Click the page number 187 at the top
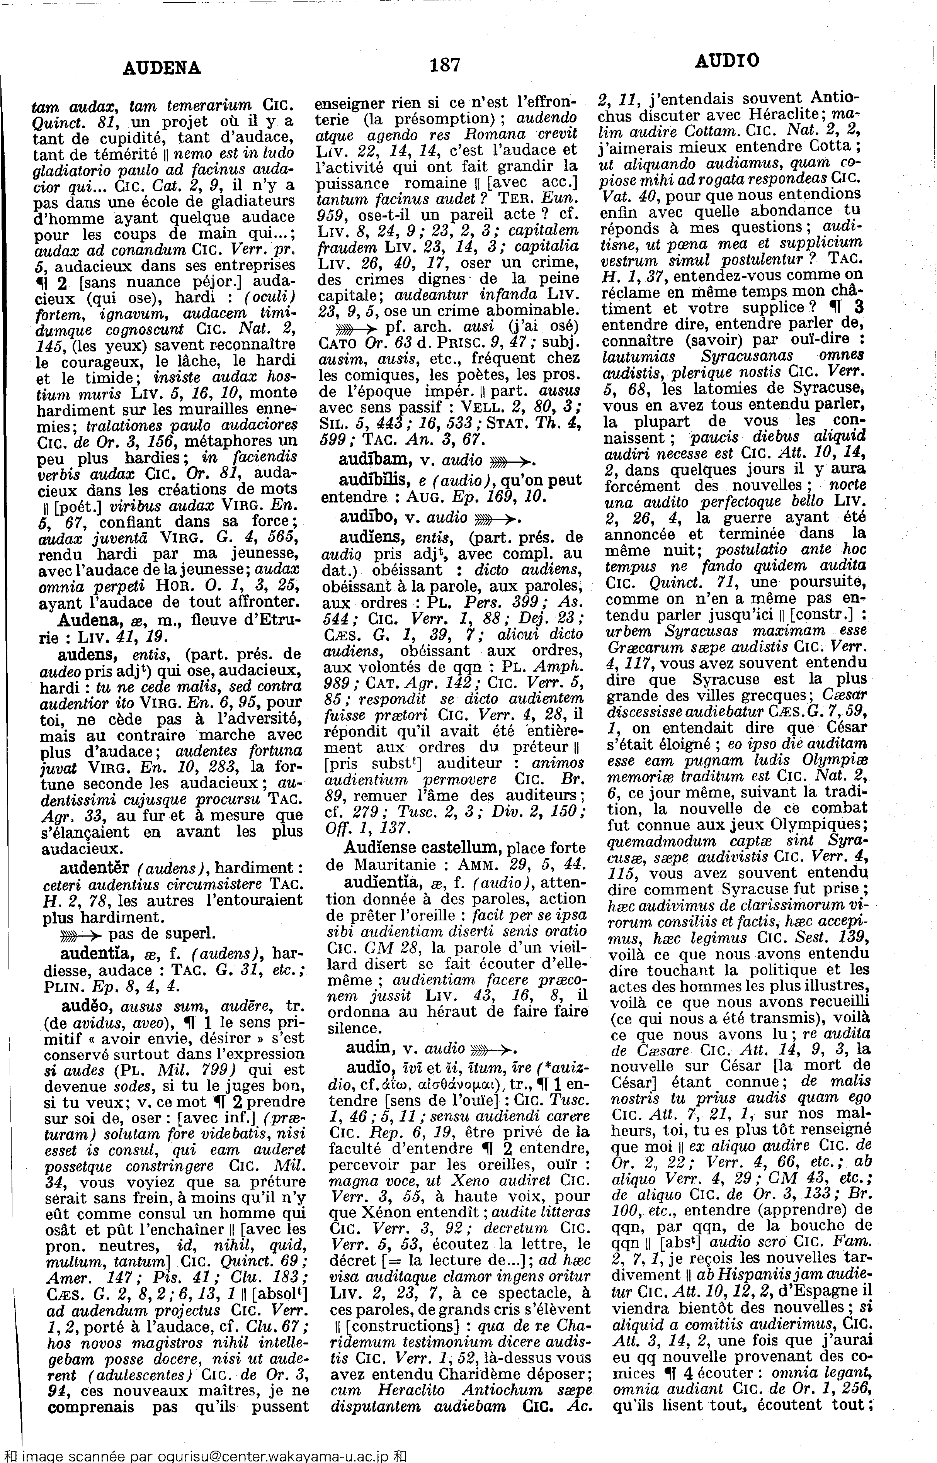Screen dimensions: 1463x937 pos(445,64)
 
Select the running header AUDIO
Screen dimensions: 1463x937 pos(726,60)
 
